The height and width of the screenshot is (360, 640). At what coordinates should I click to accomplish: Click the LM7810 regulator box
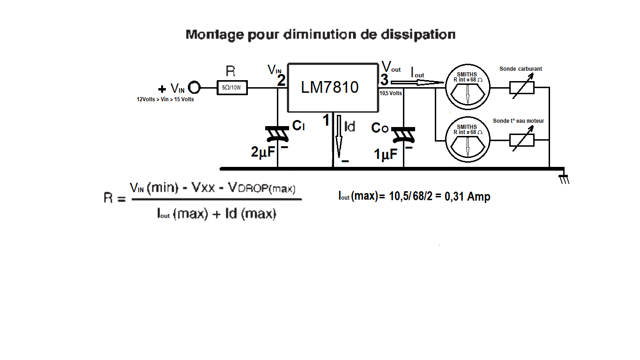coord(333,88)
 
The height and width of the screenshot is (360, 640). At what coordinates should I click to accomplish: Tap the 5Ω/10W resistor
coord(232,88)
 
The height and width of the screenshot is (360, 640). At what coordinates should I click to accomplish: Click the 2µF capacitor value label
coord(263,152)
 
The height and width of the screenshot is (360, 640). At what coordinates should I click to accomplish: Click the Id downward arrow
coord(339,136)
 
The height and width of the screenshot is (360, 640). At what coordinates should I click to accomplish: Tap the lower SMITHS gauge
coord(467,140)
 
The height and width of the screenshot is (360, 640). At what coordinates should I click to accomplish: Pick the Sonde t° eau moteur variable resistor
coord(521,140)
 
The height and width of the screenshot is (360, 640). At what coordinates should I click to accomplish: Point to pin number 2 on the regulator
coord(281,81)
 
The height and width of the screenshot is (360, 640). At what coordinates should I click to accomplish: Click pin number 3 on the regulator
coord(384,80)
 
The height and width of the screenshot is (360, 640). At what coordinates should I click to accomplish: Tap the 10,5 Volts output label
coord(391,93)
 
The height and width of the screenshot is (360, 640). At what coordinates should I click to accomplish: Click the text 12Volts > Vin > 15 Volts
coord(165,99)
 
